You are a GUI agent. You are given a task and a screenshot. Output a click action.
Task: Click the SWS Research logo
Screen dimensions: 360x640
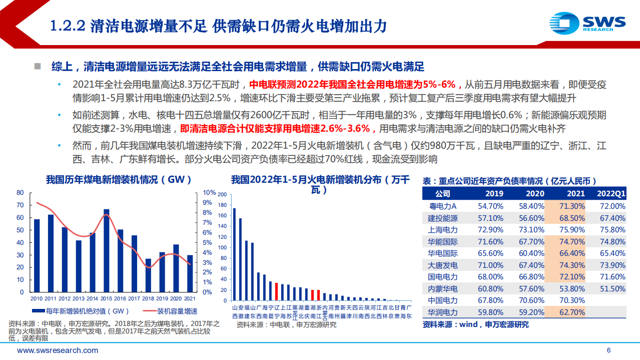coord(587,23)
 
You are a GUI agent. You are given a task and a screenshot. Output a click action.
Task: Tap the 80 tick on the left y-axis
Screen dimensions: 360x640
coord(20,193)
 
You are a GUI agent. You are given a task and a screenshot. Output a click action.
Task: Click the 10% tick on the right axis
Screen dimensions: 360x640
coord(209,193)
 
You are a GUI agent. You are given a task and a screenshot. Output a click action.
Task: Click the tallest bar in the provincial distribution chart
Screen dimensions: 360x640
coord(234,253)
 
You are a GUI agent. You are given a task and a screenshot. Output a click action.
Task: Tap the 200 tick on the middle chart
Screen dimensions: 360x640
coord(223,194)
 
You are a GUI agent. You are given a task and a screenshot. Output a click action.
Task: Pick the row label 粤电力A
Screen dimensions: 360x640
coord(442,206)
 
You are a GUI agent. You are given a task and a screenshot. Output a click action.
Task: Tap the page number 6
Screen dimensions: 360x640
coord(608,350)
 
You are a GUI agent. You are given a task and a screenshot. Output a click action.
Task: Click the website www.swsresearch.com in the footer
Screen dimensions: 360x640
coord(58,350)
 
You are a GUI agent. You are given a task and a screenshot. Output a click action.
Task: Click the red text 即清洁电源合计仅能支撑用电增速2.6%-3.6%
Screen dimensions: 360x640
coord(278,129)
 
